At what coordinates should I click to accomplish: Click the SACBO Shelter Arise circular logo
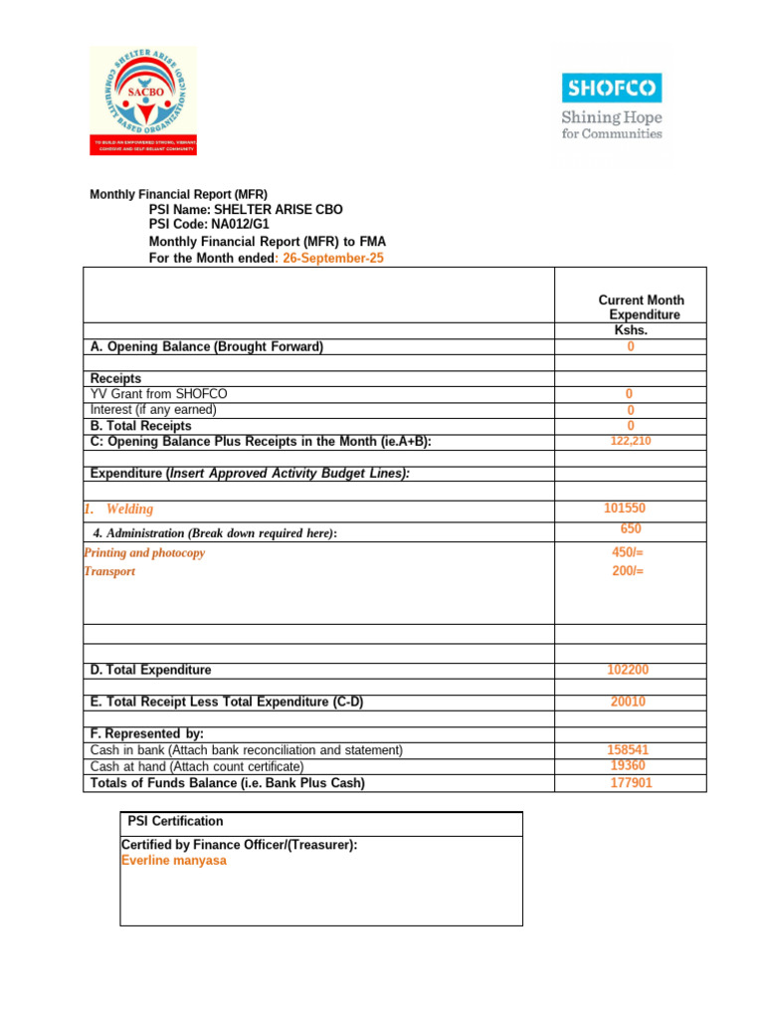pyautogui.click(x=142, y=92)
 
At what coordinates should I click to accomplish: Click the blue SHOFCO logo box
pyautogui.click(x=611, y=89)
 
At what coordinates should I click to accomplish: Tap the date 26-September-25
pyautogui.click(x=333, y=258)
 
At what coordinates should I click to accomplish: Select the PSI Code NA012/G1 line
pyautogui.click(x=209, y=225)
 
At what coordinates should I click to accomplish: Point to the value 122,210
pyautogui.click(x=631, y=441)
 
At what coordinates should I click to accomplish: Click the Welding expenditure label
pyautogui.click(x=129, y=509)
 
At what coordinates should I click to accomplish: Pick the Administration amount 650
pyautogui.click(x=631, y=529)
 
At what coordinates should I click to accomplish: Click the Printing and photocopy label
pyautogui.click(x=145, y=552)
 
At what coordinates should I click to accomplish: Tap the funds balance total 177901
pyautogui.click(x=631, y=783)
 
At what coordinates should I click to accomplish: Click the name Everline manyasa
pyautogui.click(x=173, y=861)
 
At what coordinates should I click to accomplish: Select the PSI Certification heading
pyautogui.click(x=176, y=822)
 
